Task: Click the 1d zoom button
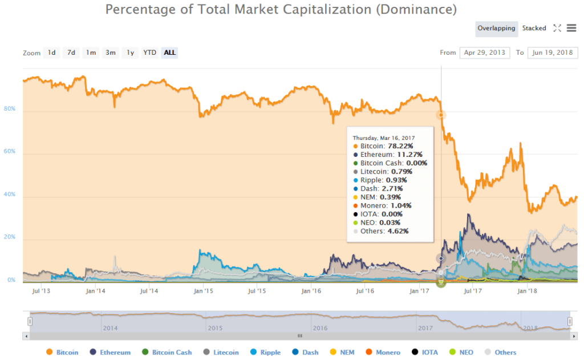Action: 51,52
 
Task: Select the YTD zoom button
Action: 149,52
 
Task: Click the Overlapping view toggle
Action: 496,28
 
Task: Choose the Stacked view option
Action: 534,28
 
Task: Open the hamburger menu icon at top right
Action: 571,28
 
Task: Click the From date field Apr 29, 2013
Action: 484,52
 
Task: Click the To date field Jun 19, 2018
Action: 553,52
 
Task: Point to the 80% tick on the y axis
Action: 9,110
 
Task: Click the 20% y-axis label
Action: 9,237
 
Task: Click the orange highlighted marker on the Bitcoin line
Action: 441,115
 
